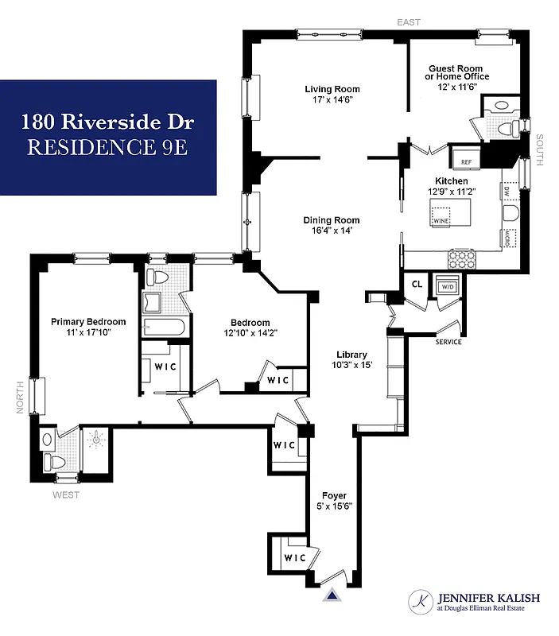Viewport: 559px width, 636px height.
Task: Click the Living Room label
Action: tap(332, 89)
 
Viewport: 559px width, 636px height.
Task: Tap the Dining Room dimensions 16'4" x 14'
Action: tap(331, 231)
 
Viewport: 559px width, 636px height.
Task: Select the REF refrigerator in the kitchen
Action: tap(466, 161)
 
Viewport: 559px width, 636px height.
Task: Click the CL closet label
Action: tap(417, 284)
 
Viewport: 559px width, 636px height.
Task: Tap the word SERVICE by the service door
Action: tap(448, 342)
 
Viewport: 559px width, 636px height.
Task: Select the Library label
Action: tap(351, 355)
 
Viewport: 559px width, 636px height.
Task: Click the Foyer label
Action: tap(334, 495)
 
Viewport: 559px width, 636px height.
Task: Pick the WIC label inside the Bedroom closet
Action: tap(278, 380)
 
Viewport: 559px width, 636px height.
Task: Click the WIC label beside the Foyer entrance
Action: tap(294, 557)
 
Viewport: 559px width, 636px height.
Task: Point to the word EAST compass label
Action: tap(410, 22)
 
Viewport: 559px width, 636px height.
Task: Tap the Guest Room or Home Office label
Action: tap(459, 72)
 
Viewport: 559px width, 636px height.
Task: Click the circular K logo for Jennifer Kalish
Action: tap(420, 603)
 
